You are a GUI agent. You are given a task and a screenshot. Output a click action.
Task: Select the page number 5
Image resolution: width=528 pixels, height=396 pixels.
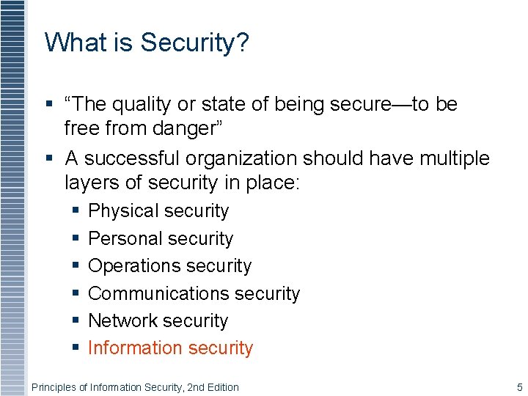519,387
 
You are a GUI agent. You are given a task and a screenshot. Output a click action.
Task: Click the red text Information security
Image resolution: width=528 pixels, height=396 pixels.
170,348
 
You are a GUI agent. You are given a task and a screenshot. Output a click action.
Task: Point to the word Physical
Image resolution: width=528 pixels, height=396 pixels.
122,211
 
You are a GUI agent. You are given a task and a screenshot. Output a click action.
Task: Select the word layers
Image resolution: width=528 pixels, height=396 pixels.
90,182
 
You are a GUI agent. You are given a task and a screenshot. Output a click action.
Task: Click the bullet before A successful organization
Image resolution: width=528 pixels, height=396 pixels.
49,158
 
